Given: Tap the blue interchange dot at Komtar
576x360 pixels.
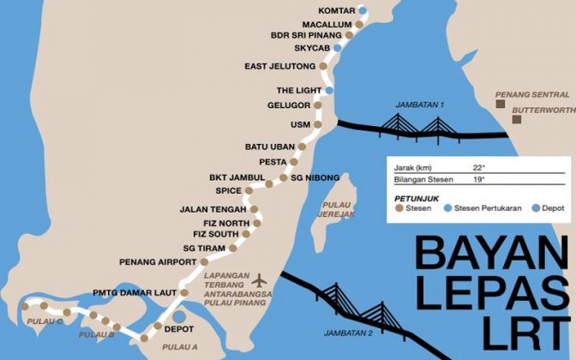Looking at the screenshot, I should pos(361,11).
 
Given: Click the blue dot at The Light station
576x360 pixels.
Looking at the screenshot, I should pos(328,90).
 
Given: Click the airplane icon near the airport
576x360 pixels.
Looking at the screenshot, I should pos(261,280).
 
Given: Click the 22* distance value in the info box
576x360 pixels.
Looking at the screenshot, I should pos(478,166).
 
